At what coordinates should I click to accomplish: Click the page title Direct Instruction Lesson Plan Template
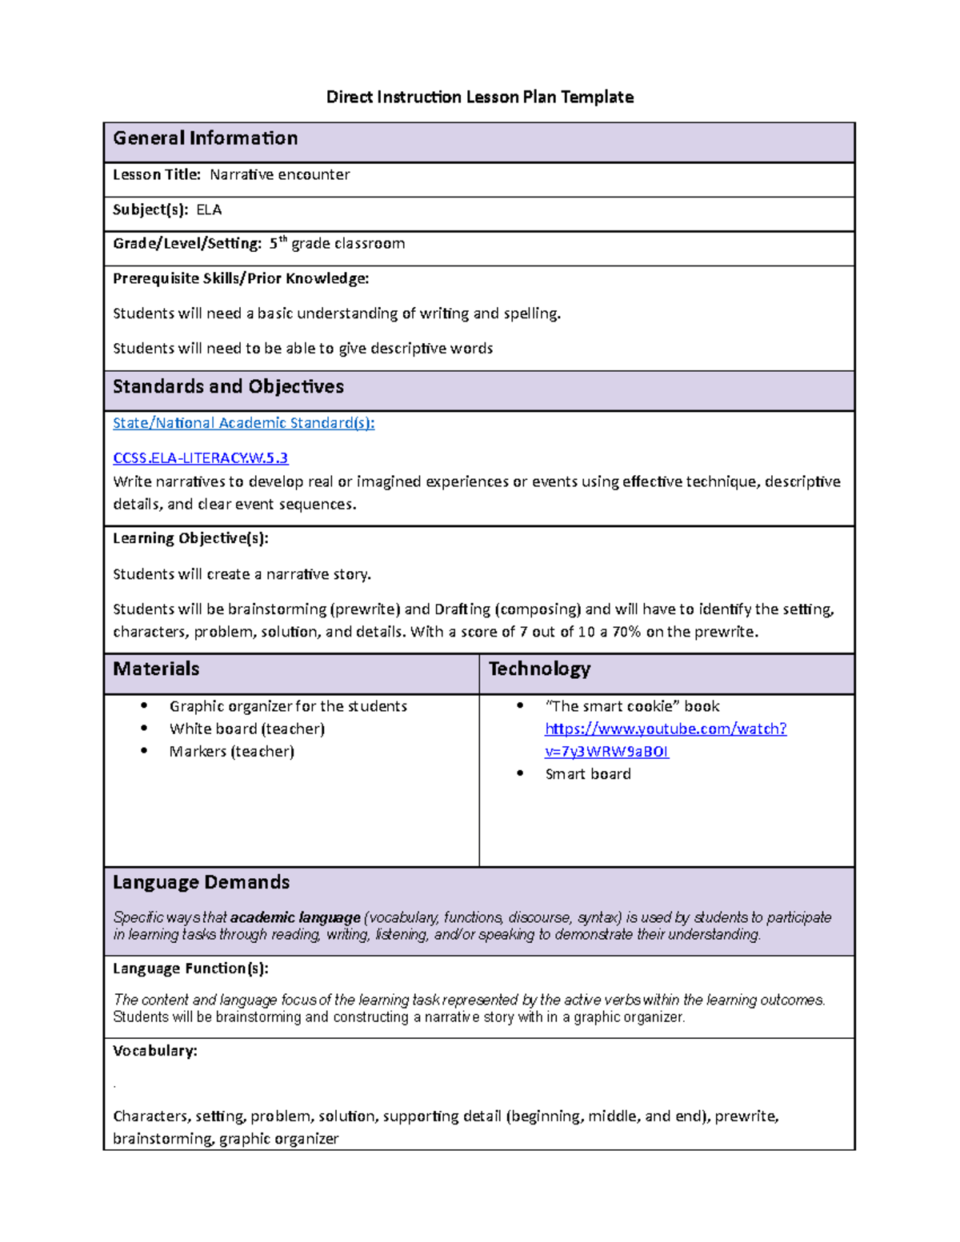(479, 97)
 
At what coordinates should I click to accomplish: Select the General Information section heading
(205, 138)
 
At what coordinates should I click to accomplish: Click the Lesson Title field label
(157, 174)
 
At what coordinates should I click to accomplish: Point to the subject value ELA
(209, 210)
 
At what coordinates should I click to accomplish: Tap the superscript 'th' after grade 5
(282, 239)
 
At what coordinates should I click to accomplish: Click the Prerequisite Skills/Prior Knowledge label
(241, 278)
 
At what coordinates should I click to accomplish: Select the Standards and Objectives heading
(228, 387)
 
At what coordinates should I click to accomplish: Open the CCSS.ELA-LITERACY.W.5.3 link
(200, 458)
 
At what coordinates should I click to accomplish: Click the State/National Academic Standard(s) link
(243, 423)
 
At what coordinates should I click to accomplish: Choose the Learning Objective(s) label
(190, 538)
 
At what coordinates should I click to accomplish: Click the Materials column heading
(156, 669)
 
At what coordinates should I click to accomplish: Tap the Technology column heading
(539, 669)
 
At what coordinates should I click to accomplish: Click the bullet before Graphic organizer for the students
(144, 705)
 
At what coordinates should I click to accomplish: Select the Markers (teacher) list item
(231, 752)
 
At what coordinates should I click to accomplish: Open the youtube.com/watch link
(665, 729)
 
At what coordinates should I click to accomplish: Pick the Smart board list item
(587, 774)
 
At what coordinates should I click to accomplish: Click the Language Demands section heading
(201, 882)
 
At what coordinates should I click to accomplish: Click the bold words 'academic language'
(295, 917)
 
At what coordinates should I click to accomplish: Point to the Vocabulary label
(154, 1051)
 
